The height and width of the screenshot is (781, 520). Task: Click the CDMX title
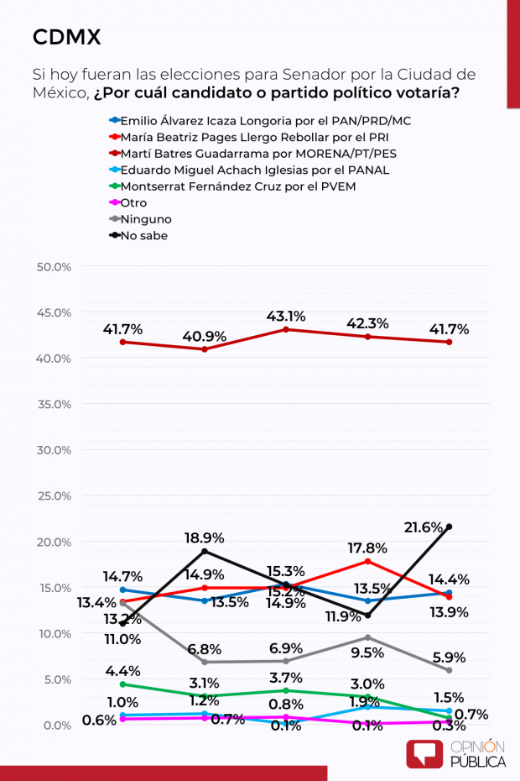66,37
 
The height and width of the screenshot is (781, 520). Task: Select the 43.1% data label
285,317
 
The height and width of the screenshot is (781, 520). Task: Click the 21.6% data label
445,504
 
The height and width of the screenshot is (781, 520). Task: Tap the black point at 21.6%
450,527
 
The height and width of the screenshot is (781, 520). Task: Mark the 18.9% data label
204,537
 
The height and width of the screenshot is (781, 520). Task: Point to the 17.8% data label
367,548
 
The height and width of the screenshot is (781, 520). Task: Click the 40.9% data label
205,336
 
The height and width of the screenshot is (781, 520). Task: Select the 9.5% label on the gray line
367,652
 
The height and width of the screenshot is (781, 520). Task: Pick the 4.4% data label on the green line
123,670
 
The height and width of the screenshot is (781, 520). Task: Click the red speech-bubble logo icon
424,753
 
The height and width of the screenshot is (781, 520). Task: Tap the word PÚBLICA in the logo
479,761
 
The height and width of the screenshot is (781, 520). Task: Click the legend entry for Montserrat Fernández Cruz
238,186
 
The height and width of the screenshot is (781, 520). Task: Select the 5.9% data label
449,658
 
